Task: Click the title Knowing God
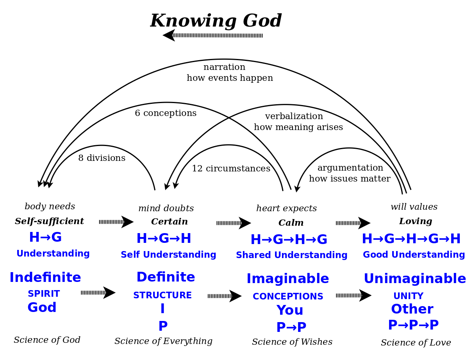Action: click(216, 21)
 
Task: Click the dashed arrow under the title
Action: click(212, 35)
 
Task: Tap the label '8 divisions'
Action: click(102, 158)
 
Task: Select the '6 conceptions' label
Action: click(166, 113)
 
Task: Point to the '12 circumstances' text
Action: click(231, 168)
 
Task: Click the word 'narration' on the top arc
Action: click(224, 67)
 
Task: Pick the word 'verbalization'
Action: click(294, 116)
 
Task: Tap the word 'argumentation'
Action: click(350, 168)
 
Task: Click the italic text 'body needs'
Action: click(50, 207)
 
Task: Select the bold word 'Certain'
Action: click(170, 221)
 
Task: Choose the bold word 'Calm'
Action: click(291, 223)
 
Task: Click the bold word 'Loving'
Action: click(416, 221)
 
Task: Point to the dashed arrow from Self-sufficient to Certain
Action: click(116, 222)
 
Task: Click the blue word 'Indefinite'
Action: click(45, 277)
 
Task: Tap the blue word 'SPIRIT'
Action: click(44, 294)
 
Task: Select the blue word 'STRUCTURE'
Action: click(162, 295)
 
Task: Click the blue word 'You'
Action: click(289, 310)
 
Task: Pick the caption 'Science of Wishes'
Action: click(292, 342)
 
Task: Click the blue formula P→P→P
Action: click(413, 325)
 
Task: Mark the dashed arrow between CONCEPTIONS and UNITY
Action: click(353, 295)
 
